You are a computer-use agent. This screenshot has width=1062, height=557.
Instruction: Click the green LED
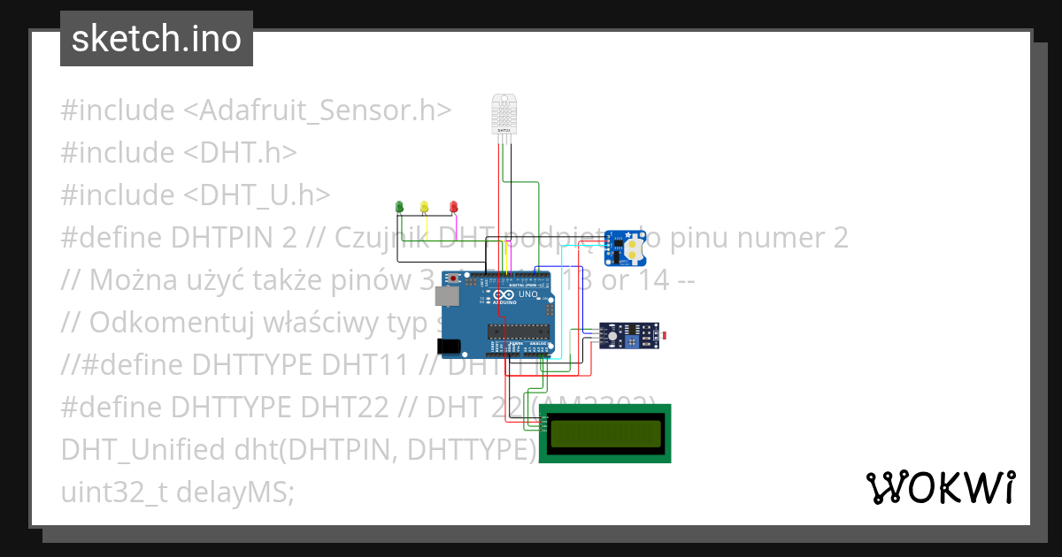pos(399,206)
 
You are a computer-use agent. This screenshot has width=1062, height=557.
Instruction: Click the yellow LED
pos(425,206)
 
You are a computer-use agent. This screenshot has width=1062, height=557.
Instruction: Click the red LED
pos(454,206)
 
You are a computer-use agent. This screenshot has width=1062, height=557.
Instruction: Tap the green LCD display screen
pos(605,433)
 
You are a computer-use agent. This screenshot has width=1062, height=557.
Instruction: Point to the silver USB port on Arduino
pos(450,297)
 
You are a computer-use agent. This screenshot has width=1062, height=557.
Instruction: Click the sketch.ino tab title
pos(157,39)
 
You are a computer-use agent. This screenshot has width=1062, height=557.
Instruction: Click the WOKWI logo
pos(940,487)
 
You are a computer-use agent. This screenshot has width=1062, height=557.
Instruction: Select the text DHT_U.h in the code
pos(258,195)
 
